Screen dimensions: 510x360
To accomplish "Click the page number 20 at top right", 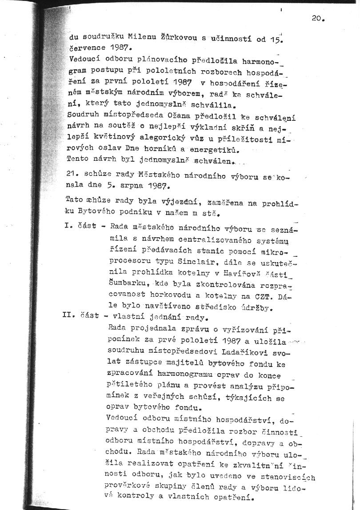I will tap(318, 19).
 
